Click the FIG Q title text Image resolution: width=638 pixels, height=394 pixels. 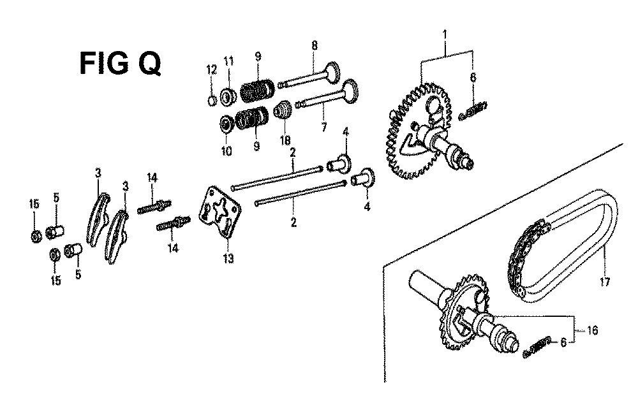(120, 63)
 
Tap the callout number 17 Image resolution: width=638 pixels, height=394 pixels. (605, 281)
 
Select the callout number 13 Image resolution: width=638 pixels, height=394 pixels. (228, 258)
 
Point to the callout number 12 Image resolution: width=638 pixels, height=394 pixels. (212, 69)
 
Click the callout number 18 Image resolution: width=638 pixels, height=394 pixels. (285, 140)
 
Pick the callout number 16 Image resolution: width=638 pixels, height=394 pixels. (593, 331)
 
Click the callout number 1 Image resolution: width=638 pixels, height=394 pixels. (445, 34)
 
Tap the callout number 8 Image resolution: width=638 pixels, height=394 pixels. (315, 45)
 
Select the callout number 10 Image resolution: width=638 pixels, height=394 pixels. (226, 151)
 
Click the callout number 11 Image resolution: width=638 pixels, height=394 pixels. (228, 61)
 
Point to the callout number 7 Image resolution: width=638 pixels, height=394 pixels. (324, 128)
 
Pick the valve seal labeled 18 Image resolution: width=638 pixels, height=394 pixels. (281, 112)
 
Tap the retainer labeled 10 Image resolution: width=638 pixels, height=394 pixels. (225, 123)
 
